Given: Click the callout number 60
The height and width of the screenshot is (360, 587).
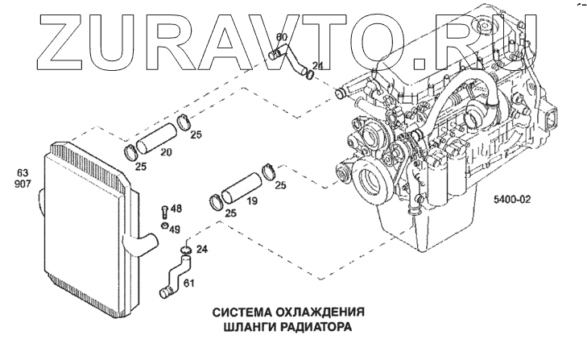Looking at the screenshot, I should [281, 37].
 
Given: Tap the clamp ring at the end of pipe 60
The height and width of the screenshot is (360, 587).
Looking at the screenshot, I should [308, 76].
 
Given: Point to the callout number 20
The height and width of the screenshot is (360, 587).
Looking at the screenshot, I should [166, 153].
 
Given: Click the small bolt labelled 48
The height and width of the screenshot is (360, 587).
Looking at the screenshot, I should [164, 211].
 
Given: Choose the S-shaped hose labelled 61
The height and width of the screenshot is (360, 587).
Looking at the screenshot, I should [172, 275].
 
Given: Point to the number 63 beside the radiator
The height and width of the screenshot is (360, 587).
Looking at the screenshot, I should [22, 172].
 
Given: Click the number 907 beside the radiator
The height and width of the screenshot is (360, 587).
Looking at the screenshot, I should [22, 184].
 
